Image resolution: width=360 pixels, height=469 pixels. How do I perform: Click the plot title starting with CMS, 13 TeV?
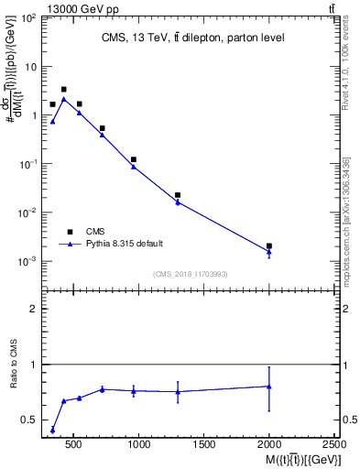[191, 38]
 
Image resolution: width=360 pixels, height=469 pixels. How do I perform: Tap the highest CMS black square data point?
[63, 90]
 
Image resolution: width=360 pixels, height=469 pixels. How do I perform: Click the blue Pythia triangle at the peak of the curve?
[63, 98]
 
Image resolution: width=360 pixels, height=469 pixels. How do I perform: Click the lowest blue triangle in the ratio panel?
[52, 430]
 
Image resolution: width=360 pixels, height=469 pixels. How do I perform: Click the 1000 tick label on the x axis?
[139, 444]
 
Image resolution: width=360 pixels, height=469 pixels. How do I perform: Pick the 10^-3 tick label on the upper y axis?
[27, 261]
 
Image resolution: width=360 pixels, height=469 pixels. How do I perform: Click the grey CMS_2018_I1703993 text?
[191, 274]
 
